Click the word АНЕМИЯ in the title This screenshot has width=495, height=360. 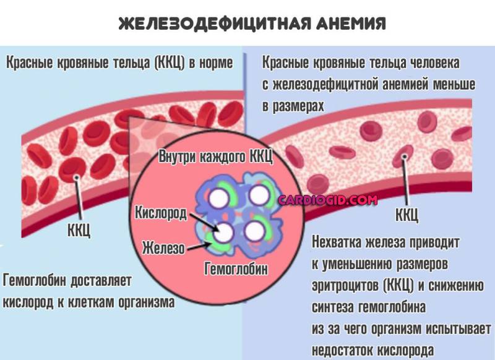coord(350,24)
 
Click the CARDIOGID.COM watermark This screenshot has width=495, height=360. coord(328,200)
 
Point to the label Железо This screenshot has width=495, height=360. coord(163,247)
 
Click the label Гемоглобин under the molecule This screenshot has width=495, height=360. coord(236,269)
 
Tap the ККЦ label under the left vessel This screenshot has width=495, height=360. coord(79,229)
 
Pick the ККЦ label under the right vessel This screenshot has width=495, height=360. coord(407,215)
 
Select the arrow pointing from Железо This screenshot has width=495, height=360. coord(199,246)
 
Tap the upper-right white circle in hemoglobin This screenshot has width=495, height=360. coord(259,195)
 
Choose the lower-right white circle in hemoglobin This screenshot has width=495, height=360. coord(254,231)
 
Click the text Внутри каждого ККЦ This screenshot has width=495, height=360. coord(215,156)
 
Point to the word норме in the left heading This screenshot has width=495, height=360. coord(215,62)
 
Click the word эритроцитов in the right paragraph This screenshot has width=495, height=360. coord(345,286)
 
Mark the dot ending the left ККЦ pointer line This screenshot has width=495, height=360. coord(76,178)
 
